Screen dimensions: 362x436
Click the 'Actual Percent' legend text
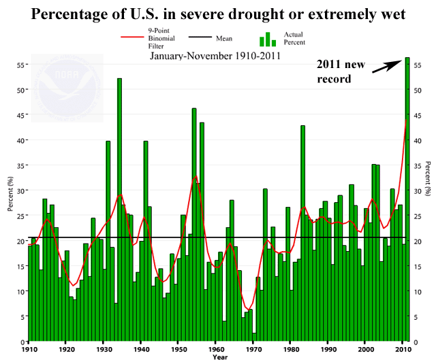pyautogui.click(x=294, y=39)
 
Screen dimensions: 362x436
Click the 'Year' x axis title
pyautogui.click(x=219, y=357)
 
